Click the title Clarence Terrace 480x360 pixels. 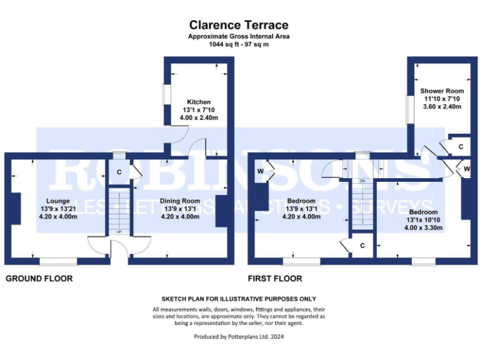[239, 26]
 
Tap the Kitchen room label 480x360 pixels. [199, 102]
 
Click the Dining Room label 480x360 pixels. [181, 201]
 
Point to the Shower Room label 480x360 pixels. [441, 91]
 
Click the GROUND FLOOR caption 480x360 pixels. [39, 279]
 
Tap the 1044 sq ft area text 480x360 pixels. [239, 45]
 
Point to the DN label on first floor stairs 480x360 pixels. [362, 181]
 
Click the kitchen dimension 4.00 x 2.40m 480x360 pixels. [199, 118]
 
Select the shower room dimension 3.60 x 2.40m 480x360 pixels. [441, 107]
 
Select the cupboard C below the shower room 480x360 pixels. [461, 146]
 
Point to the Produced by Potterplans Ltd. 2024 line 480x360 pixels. [239, 336]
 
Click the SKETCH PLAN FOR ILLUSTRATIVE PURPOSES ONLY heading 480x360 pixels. [239, 299]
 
